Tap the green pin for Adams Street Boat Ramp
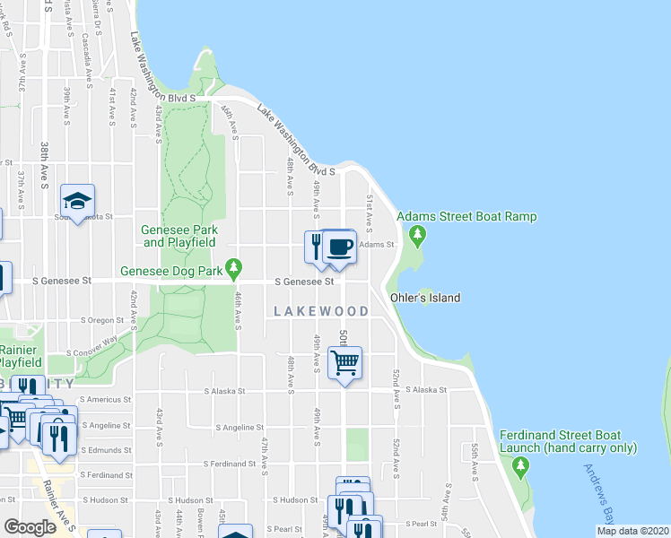[x=416, y=237]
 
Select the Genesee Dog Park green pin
[x=234, y=267]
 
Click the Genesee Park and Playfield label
[x=180, y=235]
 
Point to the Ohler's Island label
[x=425, y=298]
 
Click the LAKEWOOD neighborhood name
[x=321, y=311]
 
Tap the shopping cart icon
[x=345, y=363]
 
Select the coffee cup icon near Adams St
[x=339, y=247]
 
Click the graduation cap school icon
[x=78, y=201]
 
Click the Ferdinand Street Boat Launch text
[x=568, y=441]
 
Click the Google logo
[x=30, y=527]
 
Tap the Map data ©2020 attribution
[x=632, y=531]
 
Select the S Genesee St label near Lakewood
[x=304, y=282]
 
